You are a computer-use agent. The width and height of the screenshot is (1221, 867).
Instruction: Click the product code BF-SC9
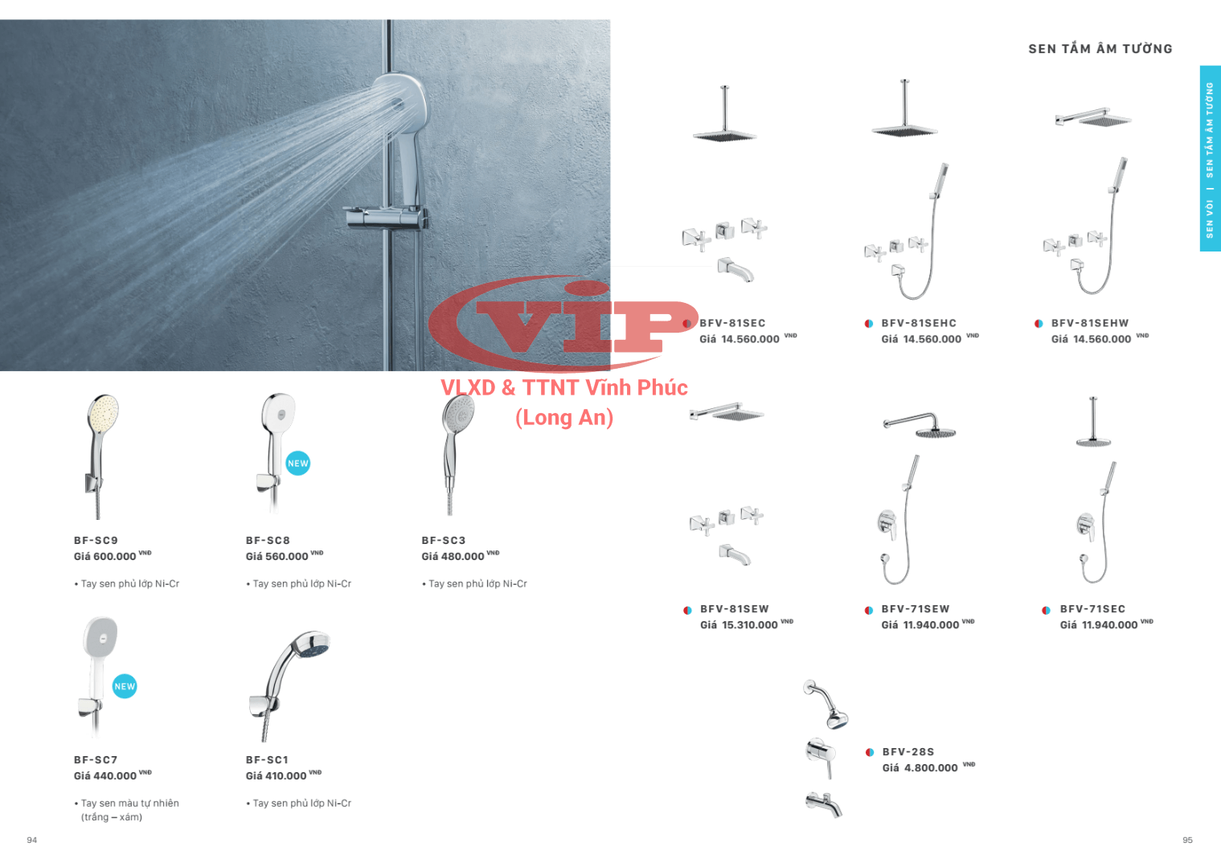click(96, 541)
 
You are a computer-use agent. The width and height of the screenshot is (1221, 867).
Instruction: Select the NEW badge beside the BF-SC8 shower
click(297, 463)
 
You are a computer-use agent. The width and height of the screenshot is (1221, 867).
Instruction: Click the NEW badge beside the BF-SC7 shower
click(125, 687)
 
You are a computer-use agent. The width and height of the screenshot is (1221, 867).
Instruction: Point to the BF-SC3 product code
click(444, 541)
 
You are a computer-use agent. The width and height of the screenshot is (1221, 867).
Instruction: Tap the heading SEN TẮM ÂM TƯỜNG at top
click(1100, 49)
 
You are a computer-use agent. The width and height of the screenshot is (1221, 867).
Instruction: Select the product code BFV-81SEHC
click(919, 323)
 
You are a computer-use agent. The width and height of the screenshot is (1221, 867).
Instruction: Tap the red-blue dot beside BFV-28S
click(870, 753)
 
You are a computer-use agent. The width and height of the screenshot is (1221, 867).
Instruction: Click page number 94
click(32, 840)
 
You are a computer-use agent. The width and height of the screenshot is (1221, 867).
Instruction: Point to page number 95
click(1187, 840)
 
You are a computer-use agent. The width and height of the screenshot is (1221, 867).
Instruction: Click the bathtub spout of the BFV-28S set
click(824, 804)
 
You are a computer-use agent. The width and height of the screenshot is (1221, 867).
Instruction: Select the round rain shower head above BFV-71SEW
click(936, 433)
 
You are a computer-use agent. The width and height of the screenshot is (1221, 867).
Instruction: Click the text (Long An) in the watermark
click(564, 418)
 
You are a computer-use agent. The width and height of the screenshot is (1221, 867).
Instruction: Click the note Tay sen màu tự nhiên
click(129, 804)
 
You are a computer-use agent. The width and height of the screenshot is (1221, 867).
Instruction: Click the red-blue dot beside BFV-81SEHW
click(1039, 324)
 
